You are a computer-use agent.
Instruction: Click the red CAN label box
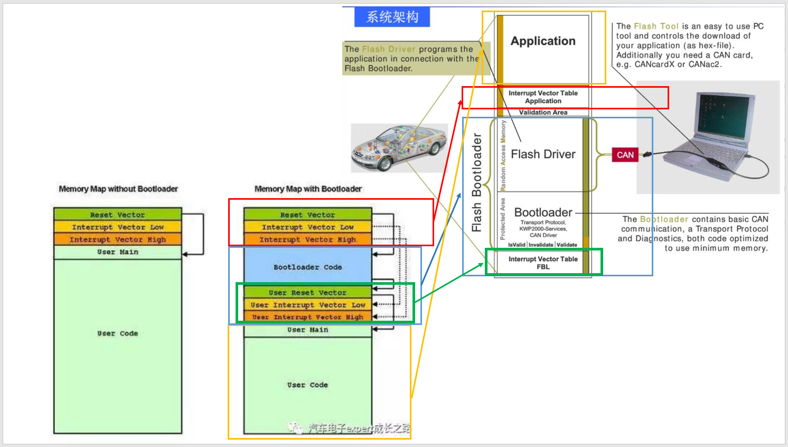625,155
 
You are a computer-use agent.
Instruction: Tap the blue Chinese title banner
392,17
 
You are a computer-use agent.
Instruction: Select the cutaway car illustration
399,148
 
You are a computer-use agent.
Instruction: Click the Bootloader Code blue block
307,267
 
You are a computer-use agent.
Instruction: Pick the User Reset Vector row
307,293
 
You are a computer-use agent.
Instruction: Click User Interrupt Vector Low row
307,305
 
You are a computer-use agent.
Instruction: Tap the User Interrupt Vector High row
307,317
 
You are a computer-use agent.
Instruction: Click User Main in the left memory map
117,252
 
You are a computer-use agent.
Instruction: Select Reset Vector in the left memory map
117,215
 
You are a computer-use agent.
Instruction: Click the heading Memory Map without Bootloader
118,189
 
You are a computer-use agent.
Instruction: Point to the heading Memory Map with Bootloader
308,189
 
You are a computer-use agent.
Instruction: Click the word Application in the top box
543,41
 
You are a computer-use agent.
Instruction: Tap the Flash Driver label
543,154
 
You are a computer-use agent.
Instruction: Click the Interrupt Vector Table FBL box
543,263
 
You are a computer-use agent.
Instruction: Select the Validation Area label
543,112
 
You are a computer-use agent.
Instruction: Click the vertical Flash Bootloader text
477,182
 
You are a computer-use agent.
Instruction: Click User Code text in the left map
117,333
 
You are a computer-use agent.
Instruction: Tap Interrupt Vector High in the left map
117,239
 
